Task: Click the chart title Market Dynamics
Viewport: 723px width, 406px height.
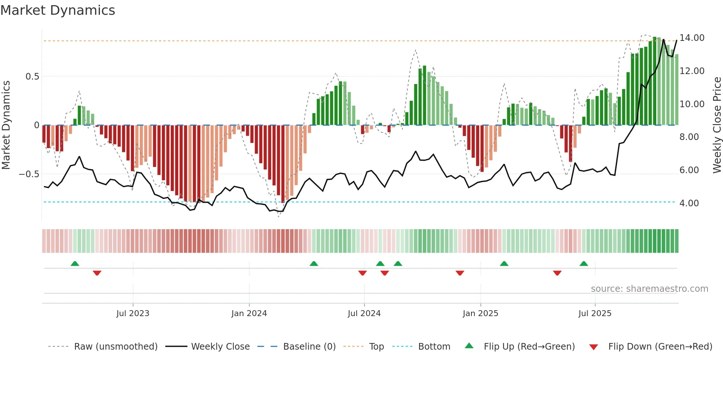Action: click(58, 10)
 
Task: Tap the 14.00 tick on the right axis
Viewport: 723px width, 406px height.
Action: click(692, 38)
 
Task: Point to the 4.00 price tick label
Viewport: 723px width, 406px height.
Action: click(689, 203)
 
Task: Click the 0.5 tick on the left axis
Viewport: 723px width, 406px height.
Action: click(32, 77)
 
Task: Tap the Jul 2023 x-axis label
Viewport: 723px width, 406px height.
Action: click(133, 314)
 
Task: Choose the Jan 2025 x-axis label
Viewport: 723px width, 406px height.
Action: click(480, 314)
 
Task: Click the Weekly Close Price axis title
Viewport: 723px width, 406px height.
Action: click(717, 125)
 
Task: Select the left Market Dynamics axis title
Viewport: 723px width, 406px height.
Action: click(6, 125)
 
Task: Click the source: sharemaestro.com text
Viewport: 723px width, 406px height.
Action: click(649, 289)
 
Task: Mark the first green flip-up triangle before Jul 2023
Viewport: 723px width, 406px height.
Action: click(75, 263)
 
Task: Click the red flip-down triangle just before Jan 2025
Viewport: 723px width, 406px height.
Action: click(460, 273)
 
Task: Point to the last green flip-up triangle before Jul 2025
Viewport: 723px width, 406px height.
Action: click(584, 263)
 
